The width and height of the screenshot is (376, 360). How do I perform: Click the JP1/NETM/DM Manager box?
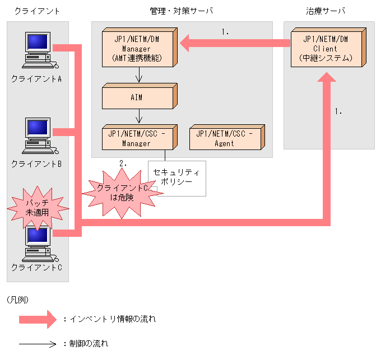click(x=137, y=48)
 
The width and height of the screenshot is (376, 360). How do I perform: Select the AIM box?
click(x=137, y=97)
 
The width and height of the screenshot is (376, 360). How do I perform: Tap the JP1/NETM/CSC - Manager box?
click(x=137, y=138)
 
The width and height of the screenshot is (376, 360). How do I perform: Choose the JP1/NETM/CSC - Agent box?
click(x=224, y=138)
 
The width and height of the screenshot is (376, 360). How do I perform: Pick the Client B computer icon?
click(x=38, y=136)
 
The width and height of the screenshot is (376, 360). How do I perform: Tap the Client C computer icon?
click(x=38, y=244)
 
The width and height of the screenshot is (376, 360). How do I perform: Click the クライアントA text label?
click(x=36, y=79)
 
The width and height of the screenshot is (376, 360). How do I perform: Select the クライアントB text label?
click(x=36, y=164)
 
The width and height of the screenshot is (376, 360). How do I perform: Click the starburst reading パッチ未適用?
click(x=38, y=207)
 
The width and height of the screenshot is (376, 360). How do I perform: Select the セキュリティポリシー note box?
click(x=177, y=177)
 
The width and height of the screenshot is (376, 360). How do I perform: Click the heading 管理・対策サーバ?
click(x=182, y=11)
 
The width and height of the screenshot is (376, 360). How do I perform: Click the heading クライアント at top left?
click(x=36, y=11)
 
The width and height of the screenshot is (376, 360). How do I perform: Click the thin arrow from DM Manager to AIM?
click(x=138, y=75)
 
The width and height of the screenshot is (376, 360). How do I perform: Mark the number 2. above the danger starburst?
click(x=123, y=164)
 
